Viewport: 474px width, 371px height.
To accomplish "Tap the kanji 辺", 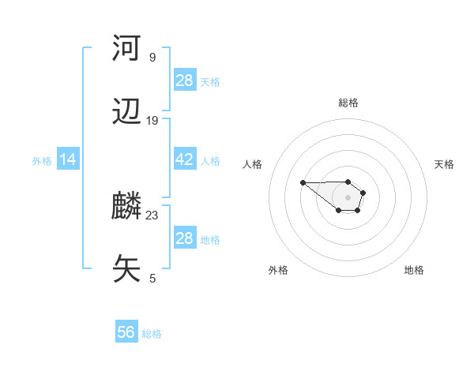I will (x=127, y=112).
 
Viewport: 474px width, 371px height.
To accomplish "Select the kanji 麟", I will (x=127, y=207).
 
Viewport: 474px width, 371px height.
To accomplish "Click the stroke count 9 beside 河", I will (x=152, y=57).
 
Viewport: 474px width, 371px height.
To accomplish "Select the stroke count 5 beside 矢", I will (x=152, y=278).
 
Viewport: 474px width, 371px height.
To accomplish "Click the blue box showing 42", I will (x=184, y=159).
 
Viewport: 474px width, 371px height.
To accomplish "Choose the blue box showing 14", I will (x=68, y=159).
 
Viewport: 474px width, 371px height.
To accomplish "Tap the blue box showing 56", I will (x=126, y=332).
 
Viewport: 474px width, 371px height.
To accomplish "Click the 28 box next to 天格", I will (x=184, y=80).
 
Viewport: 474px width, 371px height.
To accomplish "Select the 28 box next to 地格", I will (x=184, y=238).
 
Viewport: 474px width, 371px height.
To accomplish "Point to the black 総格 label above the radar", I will (x=348, y=103).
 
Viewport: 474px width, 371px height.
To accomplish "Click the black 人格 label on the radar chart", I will (x=253, y=164).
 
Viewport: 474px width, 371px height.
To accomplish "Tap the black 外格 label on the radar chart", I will (x=277, y=270).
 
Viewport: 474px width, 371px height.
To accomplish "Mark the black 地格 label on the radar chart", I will (x=414, y=270).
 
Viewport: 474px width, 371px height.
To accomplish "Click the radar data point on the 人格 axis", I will (x=303, y=182).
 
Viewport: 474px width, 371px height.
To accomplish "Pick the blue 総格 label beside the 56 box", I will (x=152, y=334).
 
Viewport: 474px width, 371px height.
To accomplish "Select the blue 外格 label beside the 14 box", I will (x=42, y=161).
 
